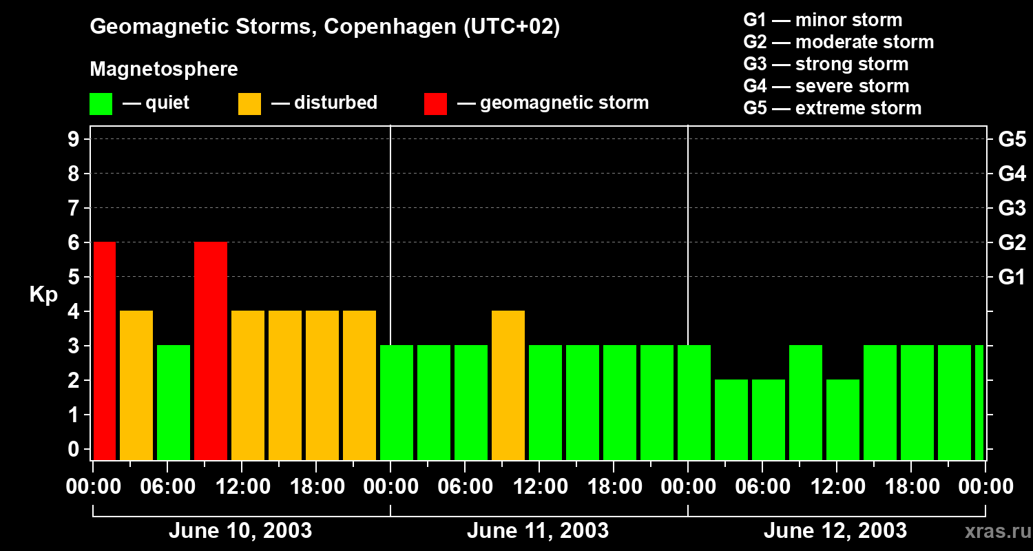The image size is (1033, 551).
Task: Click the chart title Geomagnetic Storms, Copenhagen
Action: tap(324, 27)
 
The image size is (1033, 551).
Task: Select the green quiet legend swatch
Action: tap(101, 104)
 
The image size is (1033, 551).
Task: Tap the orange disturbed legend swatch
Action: tap(249, 104)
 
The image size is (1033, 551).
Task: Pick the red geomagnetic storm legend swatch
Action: tap(435, 104)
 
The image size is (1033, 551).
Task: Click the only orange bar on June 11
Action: tap(508, 385)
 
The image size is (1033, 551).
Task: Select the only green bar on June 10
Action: tap(174, 402)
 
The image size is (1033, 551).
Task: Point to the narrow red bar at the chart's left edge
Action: tap(105, 351)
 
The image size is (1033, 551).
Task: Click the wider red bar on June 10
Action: tap(211, 351)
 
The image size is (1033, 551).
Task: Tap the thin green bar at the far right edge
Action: tap(979, 402)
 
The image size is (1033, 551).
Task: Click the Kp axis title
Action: tap(43, 295)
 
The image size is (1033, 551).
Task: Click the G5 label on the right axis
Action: tap(1012, 140)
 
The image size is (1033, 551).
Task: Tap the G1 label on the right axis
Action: tap(1012, 278)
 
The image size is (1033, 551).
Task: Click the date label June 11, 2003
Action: tap(538, 531)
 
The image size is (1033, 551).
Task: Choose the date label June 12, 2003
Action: tap(835, 531)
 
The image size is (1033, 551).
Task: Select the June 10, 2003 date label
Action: tap(240, 531)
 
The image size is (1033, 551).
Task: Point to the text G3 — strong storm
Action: tap(826, 64)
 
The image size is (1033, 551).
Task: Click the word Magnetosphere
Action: tap(164, 70)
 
